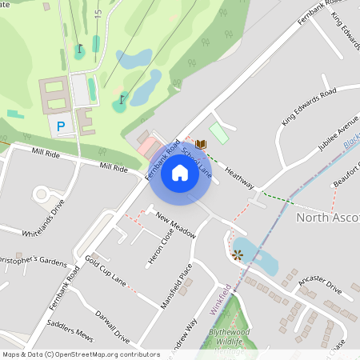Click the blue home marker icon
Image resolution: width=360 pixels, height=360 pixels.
180,173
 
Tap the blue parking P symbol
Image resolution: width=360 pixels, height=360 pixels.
61,126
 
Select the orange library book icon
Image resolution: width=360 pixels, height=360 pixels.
201,144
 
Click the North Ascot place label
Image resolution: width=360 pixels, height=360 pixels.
327,217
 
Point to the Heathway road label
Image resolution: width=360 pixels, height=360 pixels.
239,178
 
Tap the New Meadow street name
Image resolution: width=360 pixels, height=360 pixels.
176,225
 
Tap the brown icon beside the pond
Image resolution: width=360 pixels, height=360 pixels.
237,255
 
